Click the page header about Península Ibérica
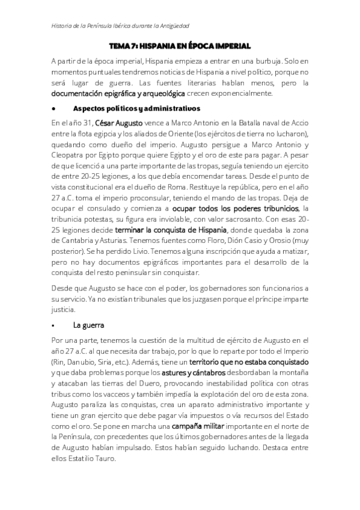[x=117, y=26]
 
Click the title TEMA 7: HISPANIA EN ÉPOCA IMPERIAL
[x=180, y=46]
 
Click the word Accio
[x=299, y=123]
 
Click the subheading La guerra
[x=88, y=325]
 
